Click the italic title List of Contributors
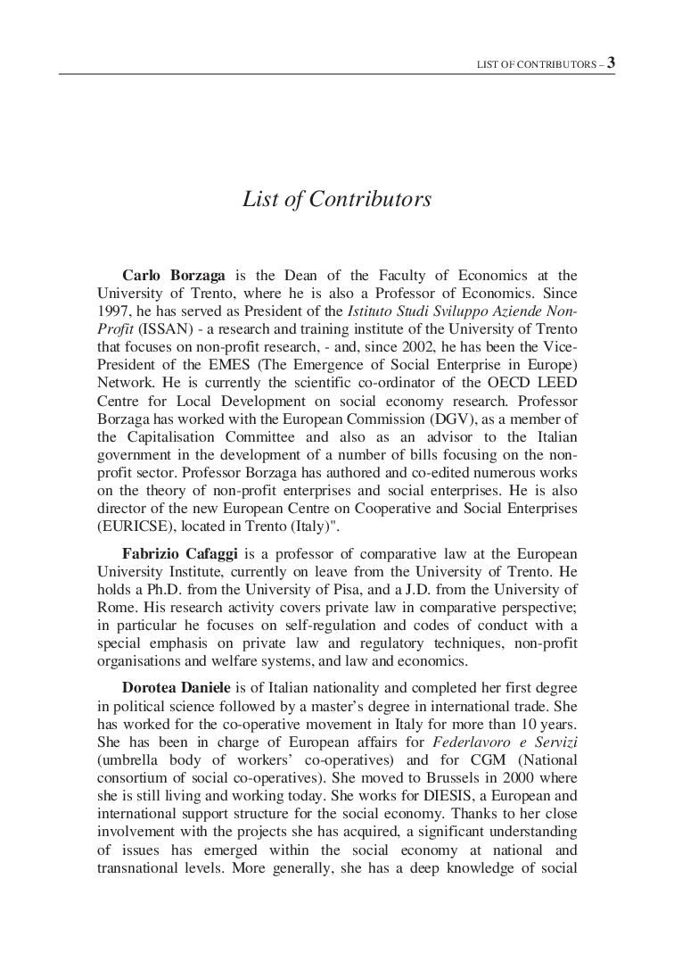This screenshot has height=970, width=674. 337,199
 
